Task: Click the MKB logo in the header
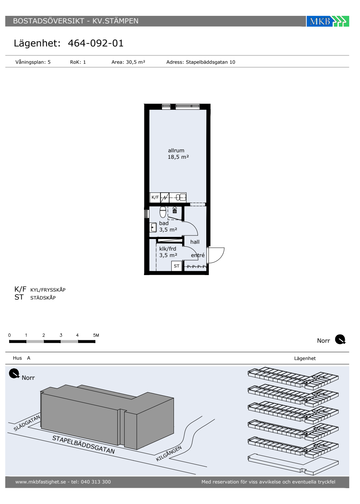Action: [327, 21]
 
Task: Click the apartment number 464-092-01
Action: [96, 43]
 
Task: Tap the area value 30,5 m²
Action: [135, 62]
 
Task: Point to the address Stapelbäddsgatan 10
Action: [210, 62]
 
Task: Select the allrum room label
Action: [176, 150]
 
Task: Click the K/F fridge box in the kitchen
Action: [155, 197]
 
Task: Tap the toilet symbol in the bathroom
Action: [163, 212]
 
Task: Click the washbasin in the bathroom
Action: [153, 227]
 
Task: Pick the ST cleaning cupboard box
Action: [177, 266]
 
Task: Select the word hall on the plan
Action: [195, 242]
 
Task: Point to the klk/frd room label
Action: [168, 249]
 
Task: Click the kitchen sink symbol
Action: [181, 197]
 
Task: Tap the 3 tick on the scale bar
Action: [61, 335]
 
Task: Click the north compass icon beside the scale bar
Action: [340, 339]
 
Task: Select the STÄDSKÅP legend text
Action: [43, 298]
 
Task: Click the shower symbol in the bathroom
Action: [175, 210]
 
